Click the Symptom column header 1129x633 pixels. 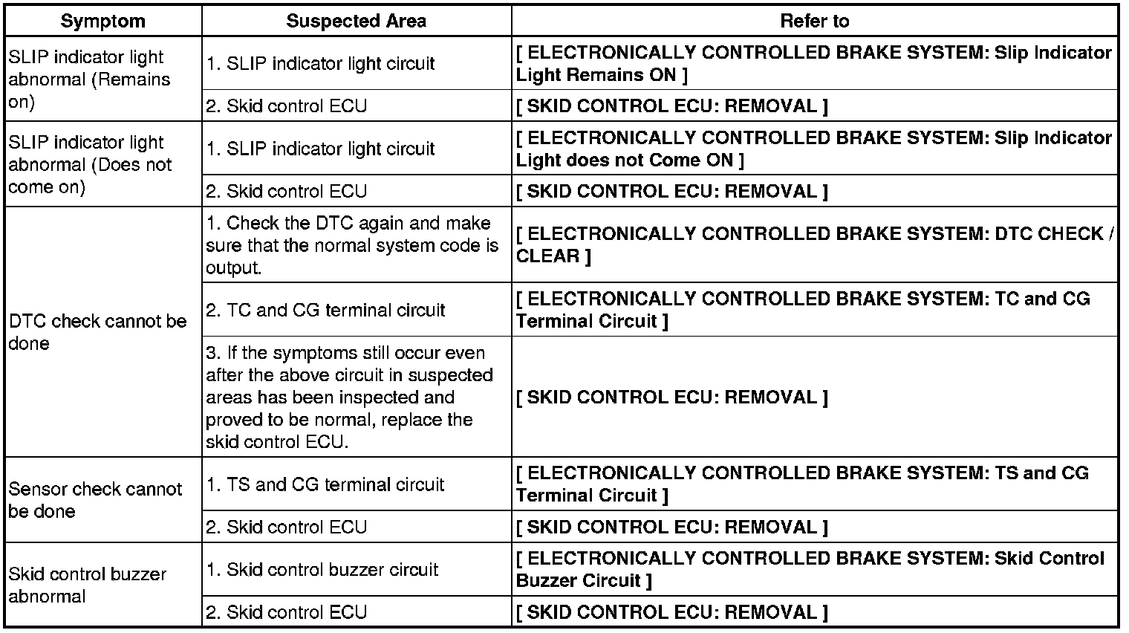[x=103, y=21]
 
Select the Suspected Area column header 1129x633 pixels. [x=356, y=21]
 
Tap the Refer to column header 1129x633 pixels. [x=814, y=21]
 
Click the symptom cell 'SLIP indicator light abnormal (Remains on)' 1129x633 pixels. [x=89, y=79]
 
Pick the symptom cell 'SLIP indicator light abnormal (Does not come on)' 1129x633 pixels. [x=89, y=164]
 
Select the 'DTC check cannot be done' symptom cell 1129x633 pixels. [x=97, y=332]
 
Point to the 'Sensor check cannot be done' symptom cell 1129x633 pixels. [x=95, y=500]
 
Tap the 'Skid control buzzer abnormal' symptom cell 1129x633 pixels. [x=88, y=585]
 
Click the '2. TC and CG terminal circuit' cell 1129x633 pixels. [x=325, y=310]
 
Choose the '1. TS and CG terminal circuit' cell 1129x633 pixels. [x=325, y=484]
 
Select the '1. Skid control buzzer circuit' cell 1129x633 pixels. [x=322, y=570]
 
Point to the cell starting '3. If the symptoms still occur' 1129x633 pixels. [x=349, y=397]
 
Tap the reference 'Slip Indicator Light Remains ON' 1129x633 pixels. [x=813, y=64]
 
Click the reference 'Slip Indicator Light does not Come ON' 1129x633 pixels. [x=813, y=149]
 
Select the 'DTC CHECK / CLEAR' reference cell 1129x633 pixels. [x=813, y=244]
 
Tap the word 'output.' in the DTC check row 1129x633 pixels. [x=233, y=268]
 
